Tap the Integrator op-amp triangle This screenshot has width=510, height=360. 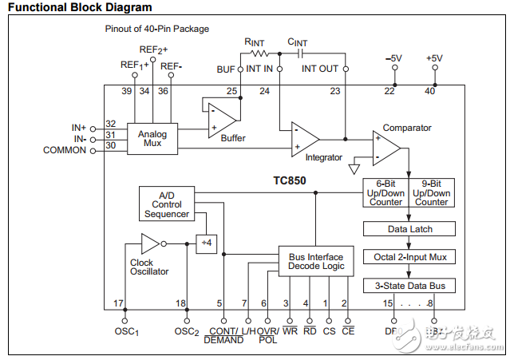click(304, 137)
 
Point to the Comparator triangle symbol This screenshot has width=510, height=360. click(386, 145)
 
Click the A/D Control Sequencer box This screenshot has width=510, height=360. click(167, 204)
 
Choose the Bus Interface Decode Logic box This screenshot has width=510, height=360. click(316, 261)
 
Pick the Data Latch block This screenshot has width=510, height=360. click(409, 229)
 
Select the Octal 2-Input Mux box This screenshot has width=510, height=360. click(409, 257)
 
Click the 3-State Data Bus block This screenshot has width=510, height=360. click(409, 285)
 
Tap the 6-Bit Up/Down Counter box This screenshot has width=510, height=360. click(386, 192)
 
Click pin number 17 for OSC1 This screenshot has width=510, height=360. click(118, 303)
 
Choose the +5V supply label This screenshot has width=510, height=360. click(434, 58)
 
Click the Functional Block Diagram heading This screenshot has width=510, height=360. click(80, 7)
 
